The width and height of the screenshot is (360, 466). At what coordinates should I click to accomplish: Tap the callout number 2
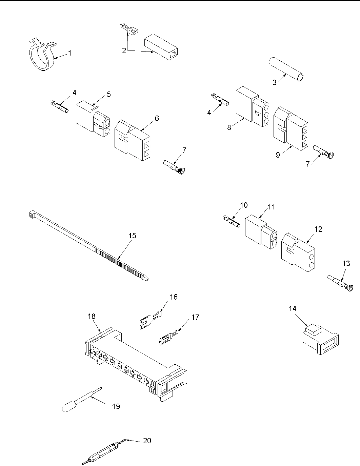tap(124, 50)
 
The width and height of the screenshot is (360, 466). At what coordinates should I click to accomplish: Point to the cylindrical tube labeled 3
tap(286, 69)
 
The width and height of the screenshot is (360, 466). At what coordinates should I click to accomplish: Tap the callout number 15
tap(132, 235)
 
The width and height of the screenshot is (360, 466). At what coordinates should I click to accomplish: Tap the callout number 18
tap(92, 316)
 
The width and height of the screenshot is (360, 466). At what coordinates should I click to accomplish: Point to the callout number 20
tap(147, 441)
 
